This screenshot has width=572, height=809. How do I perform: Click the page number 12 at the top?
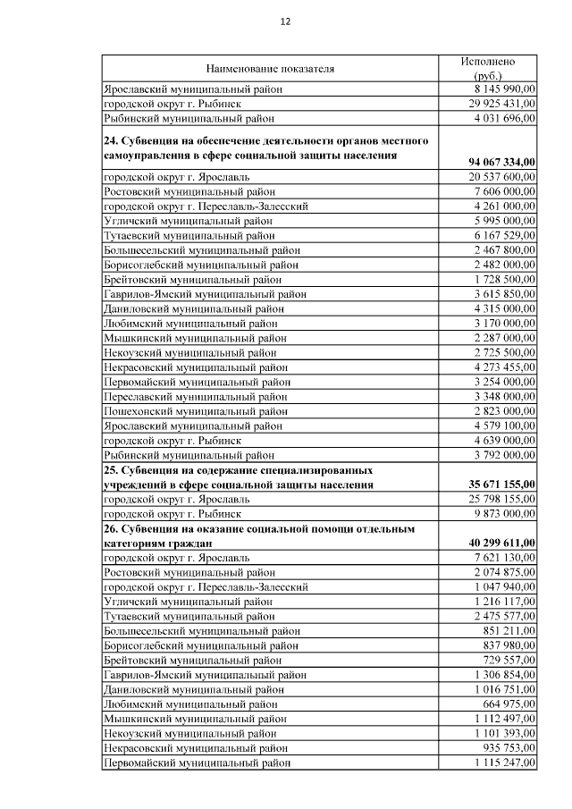[x=285, y=21]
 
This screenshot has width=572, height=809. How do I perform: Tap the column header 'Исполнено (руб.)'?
[x=487, y=68]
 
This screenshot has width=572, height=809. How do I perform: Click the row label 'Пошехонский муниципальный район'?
[x=196, y=410]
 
